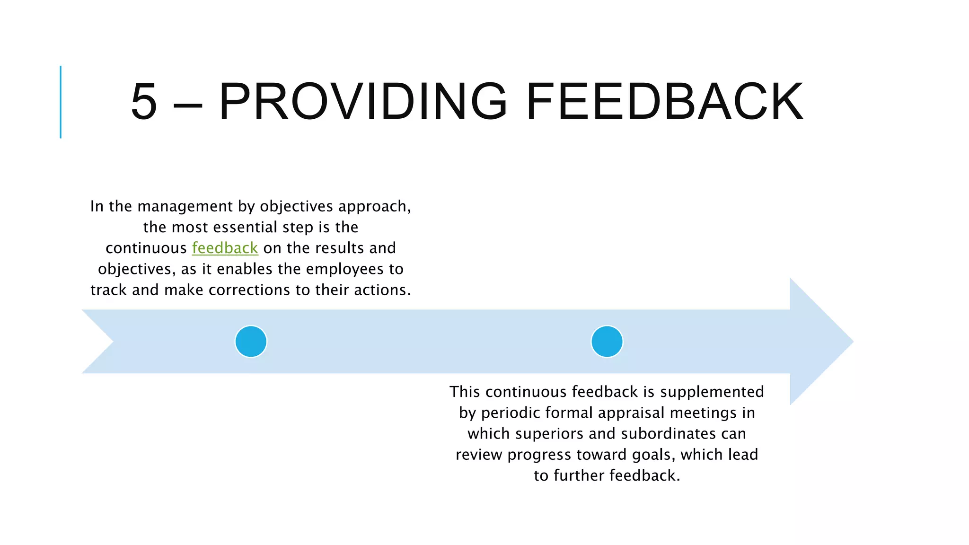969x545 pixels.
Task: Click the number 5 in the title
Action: [x=143, y=102]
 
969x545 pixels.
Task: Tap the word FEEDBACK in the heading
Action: [x=664, y=102]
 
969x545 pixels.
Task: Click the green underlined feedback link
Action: [x=225, y=248]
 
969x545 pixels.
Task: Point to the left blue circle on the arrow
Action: [x=251, y=342]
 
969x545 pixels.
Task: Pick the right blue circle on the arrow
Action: [x=607, y=342]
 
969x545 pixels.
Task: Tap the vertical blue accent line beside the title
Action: [x=61, y=102]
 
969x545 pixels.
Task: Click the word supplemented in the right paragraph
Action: [x=712, y=392]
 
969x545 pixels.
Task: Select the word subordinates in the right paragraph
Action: [x=669, y=433]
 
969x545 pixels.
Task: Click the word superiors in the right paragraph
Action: [x=551, y=433]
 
